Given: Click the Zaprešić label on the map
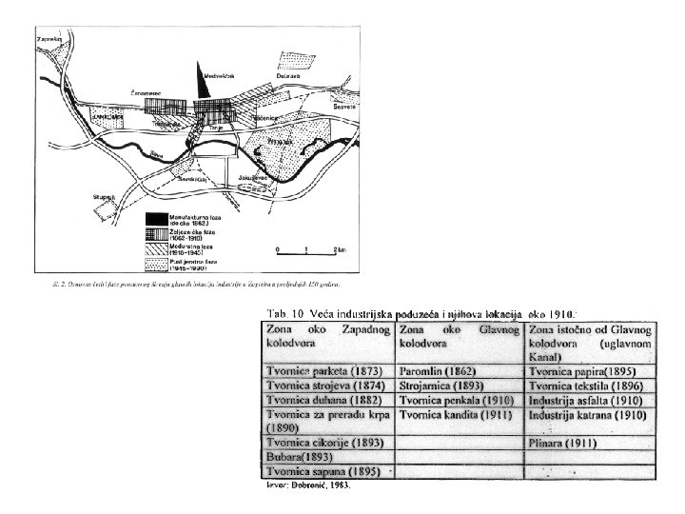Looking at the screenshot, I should click(49, 39).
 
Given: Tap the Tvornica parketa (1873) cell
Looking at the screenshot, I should click(323, 370).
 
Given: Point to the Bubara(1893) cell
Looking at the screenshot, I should click(304, 457).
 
